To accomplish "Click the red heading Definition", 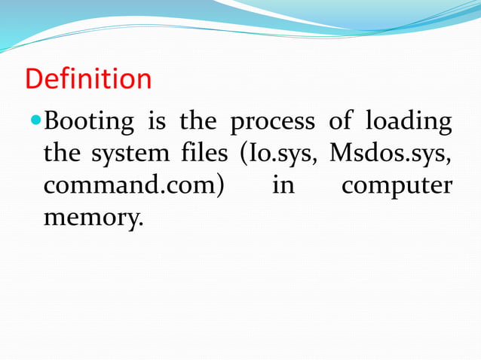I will pyautogui.click(x=88, y=79).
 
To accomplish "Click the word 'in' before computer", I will pyautogui.click(x=283, y=185).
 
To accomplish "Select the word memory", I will pyautogui.click(x=90, y=219).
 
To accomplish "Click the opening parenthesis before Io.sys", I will pyautogui.click(x=244, y=154).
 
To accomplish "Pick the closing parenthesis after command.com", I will pyautogui.click(x=219, y=186).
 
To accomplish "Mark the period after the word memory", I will pyautogui.click(x=139, y=224).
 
